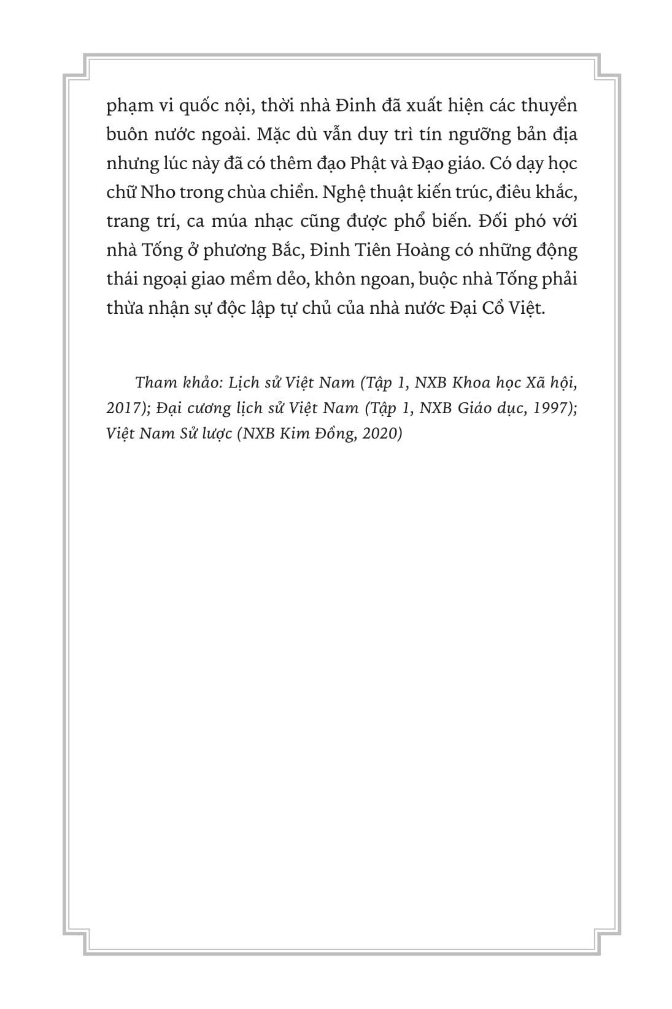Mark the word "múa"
[x=244, y=221]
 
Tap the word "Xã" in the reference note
[x=535, y=383]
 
